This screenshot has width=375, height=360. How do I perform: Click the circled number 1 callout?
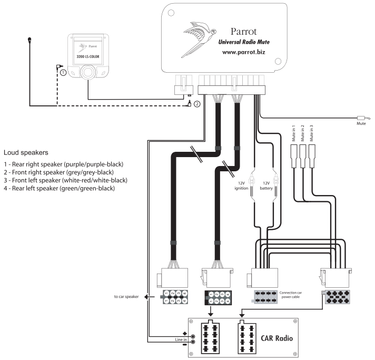[64, 73]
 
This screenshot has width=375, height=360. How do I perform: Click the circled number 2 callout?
[197, 104]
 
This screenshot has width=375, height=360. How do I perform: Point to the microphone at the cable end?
[31, 39]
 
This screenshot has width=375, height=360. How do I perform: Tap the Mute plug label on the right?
[360, 124]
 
